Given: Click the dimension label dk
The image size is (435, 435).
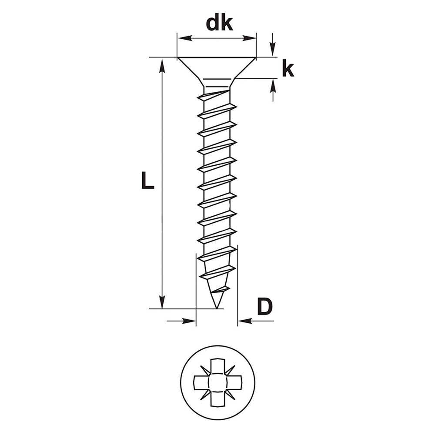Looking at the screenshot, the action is tap(219, 24).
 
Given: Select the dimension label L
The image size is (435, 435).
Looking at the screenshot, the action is tap(147, 181).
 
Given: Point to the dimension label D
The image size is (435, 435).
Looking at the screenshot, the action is tap(264, 307).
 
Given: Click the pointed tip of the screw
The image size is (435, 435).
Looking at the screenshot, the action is tap(216, 308).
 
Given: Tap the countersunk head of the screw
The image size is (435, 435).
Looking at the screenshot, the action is tap(217, 68).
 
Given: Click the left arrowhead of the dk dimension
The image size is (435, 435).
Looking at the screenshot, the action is tap(185, 38).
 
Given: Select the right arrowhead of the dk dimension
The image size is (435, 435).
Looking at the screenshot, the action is tap(249, 38).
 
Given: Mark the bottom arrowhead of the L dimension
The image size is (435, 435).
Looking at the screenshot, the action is tap(162, 301).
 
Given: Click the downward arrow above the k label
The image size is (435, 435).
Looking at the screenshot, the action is tap(273, 45).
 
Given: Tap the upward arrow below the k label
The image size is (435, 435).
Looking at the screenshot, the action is tap(273, 90).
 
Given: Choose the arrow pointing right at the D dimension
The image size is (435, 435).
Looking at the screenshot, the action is tap(181, 321).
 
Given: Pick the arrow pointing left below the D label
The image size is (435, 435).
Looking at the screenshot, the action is tap(256, 321).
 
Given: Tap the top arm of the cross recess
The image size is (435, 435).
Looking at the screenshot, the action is tap(217, 366).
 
